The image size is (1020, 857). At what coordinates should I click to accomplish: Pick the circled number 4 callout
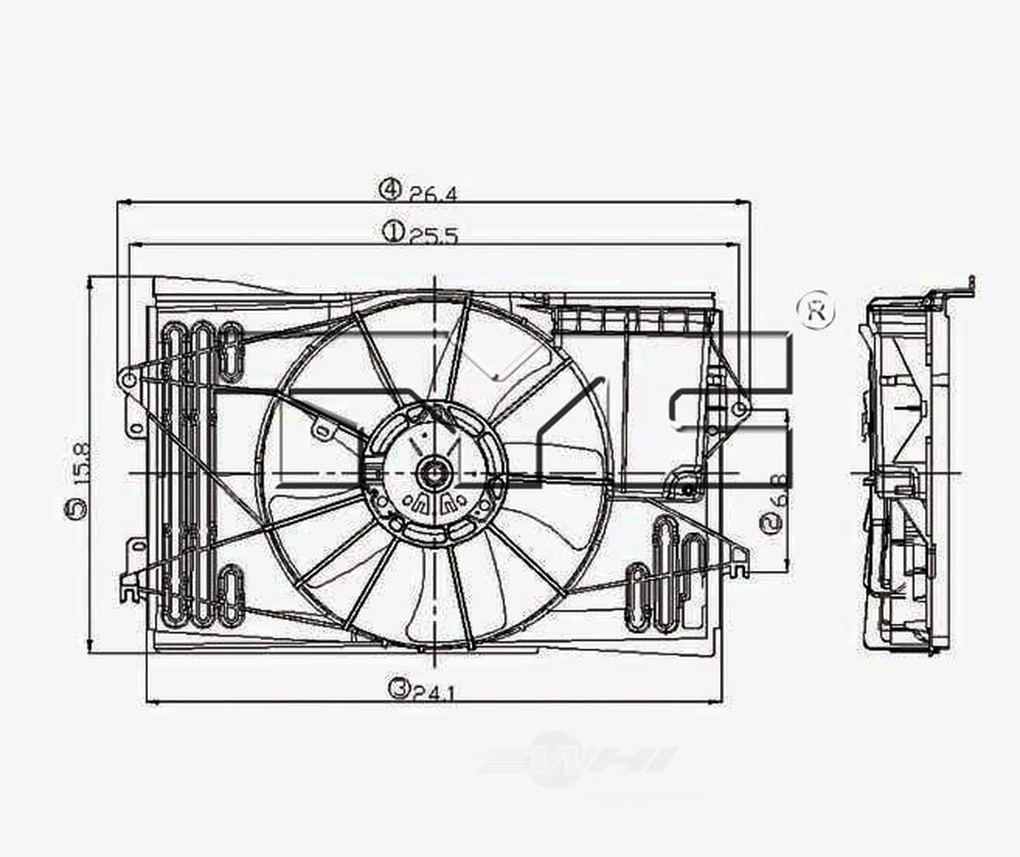click(390, 189)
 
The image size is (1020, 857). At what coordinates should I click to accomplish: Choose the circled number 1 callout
click(393, 231)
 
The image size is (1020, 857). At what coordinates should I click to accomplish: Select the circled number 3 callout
click(397, 688)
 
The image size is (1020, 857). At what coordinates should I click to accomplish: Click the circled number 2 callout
click(773, 522)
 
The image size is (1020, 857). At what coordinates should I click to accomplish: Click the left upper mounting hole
click(127, 379)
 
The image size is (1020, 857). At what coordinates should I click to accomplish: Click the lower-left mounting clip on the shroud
click(129, 586)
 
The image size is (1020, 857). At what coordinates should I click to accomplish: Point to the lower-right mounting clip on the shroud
click(739, 561)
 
